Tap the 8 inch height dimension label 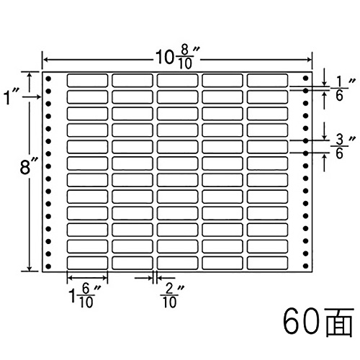pos(29,167)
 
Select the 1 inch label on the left pos(9,97)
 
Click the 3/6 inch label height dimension pos(343,147)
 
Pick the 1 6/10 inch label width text pos(84,296)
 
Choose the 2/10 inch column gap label pos(171,296)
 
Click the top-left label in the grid pos(87,81)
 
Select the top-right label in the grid pos(267,81)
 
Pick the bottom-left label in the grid pos(87,263)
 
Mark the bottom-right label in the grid pos(267,263)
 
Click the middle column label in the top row pos(177,81)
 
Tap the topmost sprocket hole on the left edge pos(48,78)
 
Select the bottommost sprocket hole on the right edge pos(305,266)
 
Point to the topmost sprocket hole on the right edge pos(305,78)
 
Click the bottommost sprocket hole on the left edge pos(48,266)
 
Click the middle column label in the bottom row pos(177,263)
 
